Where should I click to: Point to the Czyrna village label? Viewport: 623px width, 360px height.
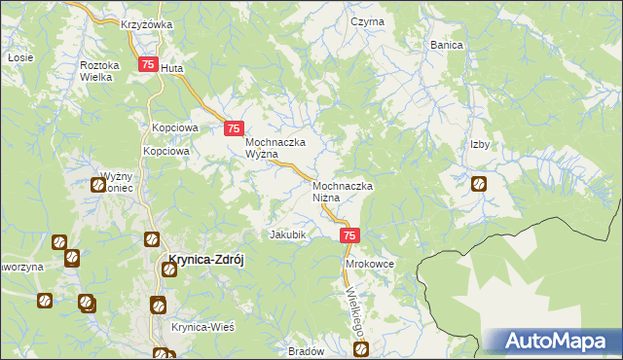coord(368,21)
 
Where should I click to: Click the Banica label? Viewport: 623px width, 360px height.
coord(447,45)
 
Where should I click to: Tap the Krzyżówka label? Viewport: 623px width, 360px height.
coord(147,23)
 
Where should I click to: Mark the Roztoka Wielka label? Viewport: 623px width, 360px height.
coord(99,71)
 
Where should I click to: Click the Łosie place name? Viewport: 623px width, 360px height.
coord(16,58)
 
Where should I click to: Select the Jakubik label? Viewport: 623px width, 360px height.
coord(288,234)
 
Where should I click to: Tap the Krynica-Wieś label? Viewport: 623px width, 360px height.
coord(203,327)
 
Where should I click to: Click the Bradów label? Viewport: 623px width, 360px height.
coord(307,352)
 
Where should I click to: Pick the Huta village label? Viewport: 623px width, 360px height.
coord(172,69)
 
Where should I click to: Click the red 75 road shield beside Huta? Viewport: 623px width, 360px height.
coord(148,65)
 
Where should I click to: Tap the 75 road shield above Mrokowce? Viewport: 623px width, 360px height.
coord(351,235)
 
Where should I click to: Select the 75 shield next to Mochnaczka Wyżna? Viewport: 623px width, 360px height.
coord(234,128)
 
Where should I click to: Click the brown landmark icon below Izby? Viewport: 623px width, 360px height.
coord(479,183)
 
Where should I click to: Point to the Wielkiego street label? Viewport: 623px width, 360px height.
coord(355,308)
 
